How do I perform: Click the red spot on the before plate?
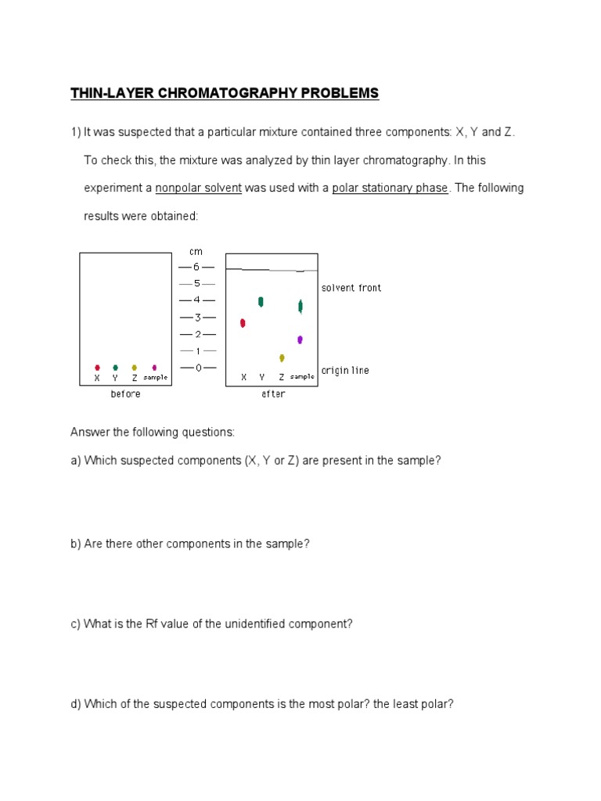(x=97, y=367)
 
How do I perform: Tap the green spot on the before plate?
(x=115, y=367)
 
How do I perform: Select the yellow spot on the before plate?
(x=135, y=367)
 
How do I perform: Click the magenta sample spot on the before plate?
(x=154, y=367)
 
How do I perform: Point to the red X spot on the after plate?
(x=243, y=322)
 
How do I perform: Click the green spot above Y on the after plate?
(x=261, y=302)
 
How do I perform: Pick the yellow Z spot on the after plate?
(x=282, y=357)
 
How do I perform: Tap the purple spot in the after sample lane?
(x=300, y=339)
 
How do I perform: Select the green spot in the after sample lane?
(x=300, y=306)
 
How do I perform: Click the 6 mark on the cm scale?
(x=196, y=267)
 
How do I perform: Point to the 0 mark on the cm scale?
(x=196, y=368)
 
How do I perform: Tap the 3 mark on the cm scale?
(x=196, y=317)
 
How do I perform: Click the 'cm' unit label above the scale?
(x=196, y=251)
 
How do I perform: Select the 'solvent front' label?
(x=351, y=288)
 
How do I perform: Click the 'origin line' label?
(x=345, y=370)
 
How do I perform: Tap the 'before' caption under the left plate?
(x=125, y=394)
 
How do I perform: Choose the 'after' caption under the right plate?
(x=273, y=394)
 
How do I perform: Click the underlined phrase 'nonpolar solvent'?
(x=198, y=188)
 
